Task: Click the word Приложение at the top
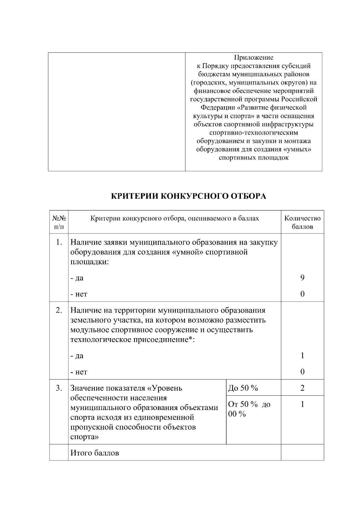pos(253,57)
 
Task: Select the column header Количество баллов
pos(302,222)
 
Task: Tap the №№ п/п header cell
pos(59,222)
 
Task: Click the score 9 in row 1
pos(302,278)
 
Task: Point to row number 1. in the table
pos(59,242)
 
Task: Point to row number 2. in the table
pos(59,310)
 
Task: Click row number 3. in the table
pos(59,388)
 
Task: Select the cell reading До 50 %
pos(243,388)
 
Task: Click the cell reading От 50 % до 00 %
pos(249,409)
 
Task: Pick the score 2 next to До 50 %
pos(302,388)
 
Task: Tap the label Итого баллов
pos(94,453)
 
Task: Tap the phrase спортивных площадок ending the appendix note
pos(253,158)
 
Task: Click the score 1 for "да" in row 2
pos(302,356)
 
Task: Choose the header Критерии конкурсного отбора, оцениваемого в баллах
pos(175,219)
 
